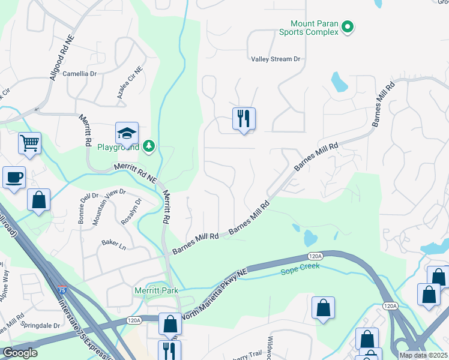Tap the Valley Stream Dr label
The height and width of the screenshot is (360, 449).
pyautogui.click(x=275, y=59)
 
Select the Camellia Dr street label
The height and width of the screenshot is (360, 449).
pyautogui.click(x=80, y=74)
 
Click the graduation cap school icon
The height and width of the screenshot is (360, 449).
pyautogui.click(x=127, y=133)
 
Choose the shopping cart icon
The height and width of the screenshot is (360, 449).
pyautogui.click(x=29, y=143)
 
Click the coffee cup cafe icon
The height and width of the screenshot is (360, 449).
pyautogui.click(x=14, y=177)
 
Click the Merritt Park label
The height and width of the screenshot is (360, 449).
pyautogui.click(x=156, y=291)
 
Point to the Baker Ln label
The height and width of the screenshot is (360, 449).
pyautogui.click(x=113, y=244)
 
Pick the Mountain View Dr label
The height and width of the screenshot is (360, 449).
pyautogui.click(x=109, y=207)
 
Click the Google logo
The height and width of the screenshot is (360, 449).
pyautogui.click(x=20, y=353)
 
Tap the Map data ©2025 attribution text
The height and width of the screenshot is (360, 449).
pyautogui.click(x=423, y=355)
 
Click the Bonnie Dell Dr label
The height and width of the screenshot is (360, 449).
pyautogui.click(x=87, y=208)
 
